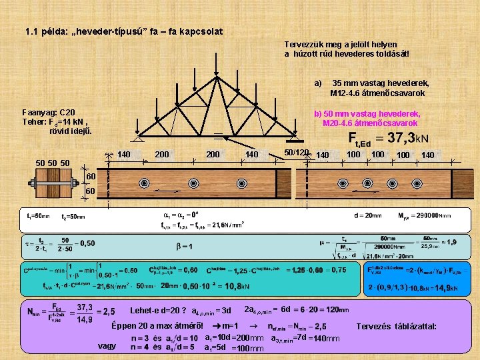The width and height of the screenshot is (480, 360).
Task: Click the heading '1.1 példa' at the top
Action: [x=123, y=31]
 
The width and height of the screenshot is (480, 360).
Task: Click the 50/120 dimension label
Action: [x=296, y=153]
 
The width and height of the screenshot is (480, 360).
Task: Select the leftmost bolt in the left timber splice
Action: [x=143, y=183]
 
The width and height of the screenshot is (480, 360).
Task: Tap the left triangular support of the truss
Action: [x=137, y=138]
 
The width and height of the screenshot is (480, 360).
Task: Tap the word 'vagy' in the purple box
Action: [x=107, y=345]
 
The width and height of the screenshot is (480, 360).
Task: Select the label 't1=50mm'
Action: [x=37, y=216]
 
